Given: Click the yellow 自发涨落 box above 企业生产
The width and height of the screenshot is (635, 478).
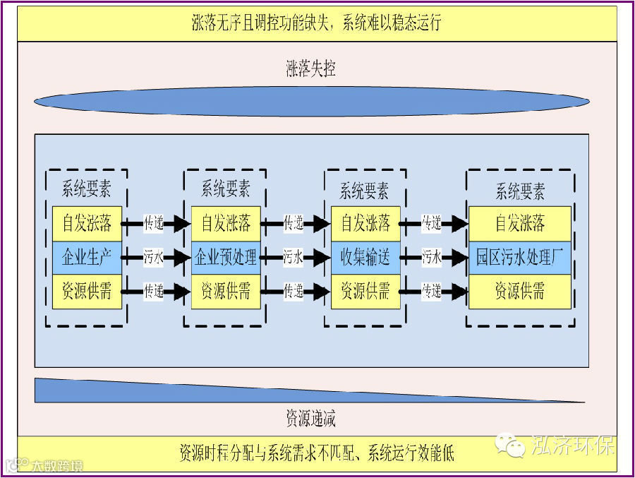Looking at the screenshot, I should point(87,223).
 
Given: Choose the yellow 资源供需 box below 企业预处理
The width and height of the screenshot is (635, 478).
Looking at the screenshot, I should point(226,291).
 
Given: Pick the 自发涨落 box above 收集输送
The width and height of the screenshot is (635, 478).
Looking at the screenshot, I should point(365,223).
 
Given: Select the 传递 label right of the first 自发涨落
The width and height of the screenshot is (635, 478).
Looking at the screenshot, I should point(153,223).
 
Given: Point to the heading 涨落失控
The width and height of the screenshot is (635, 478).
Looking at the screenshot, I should point(310,69).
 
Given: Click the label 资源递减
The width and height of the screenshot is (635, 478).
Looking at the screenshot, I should point(310,419).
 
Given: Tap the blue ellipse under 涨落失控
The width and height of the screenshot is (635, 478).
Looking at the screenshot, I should point(310,101).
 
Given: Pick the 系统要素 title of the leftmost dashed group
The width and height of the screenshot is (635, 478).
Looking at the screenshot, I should point(86,189).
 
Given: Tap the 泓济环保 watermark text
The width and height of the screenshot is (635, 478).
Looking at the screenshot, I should point(572,445).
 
